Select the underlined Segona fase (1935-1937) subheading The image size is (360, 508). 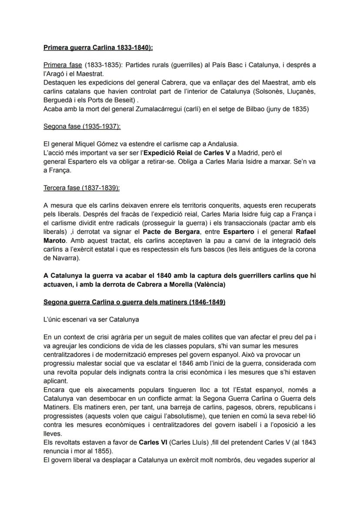(82, 126)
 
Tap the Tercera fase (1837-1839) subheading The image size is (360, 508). (82, 188)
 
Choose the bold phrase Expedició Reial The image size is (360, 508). (169, 153)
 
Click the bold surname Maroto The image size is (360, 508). (54, 240)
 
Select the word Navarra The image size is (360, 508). (61, 258)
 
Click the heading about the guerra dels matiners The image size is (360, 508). (134, 302)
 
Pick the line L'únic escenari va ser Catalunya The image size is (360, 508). (91, 319)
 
